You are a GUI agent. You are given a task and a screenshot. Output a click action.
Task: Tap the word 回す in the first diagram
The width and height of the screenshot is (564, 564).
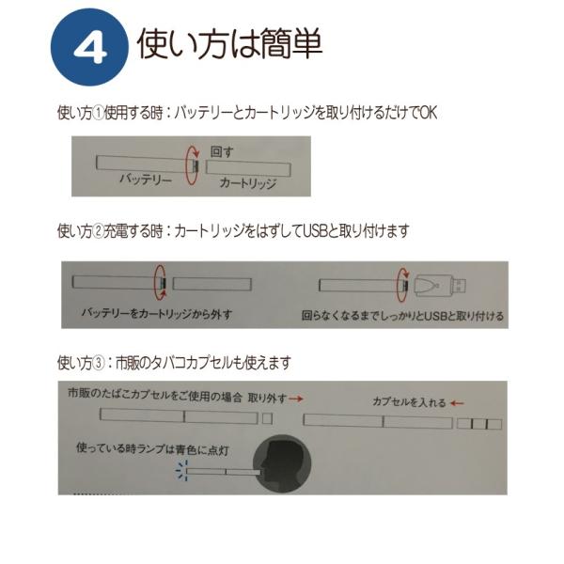[x=222, y=150]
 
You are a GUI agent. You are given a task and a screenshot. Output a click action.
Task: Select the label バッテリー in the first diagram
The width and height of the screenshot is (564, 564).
[x=145, y=178]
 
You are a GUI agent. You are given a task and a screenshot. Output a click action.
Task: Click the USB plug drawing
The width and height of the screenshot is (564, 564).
[x=438, y=283]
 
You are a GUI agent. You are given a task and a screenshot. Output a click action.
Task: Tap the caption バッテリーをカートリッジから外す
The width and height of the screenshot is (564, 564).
[x=156, y=313]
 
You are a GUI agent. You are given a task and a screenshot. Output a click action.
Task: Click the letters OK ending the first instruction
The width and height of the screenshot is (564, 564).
[x=428, y=113]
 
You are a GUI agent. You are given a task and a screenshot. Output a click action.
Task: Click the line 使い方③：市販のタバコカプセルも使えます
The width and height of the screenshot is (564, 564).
[x=174, y=362]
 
